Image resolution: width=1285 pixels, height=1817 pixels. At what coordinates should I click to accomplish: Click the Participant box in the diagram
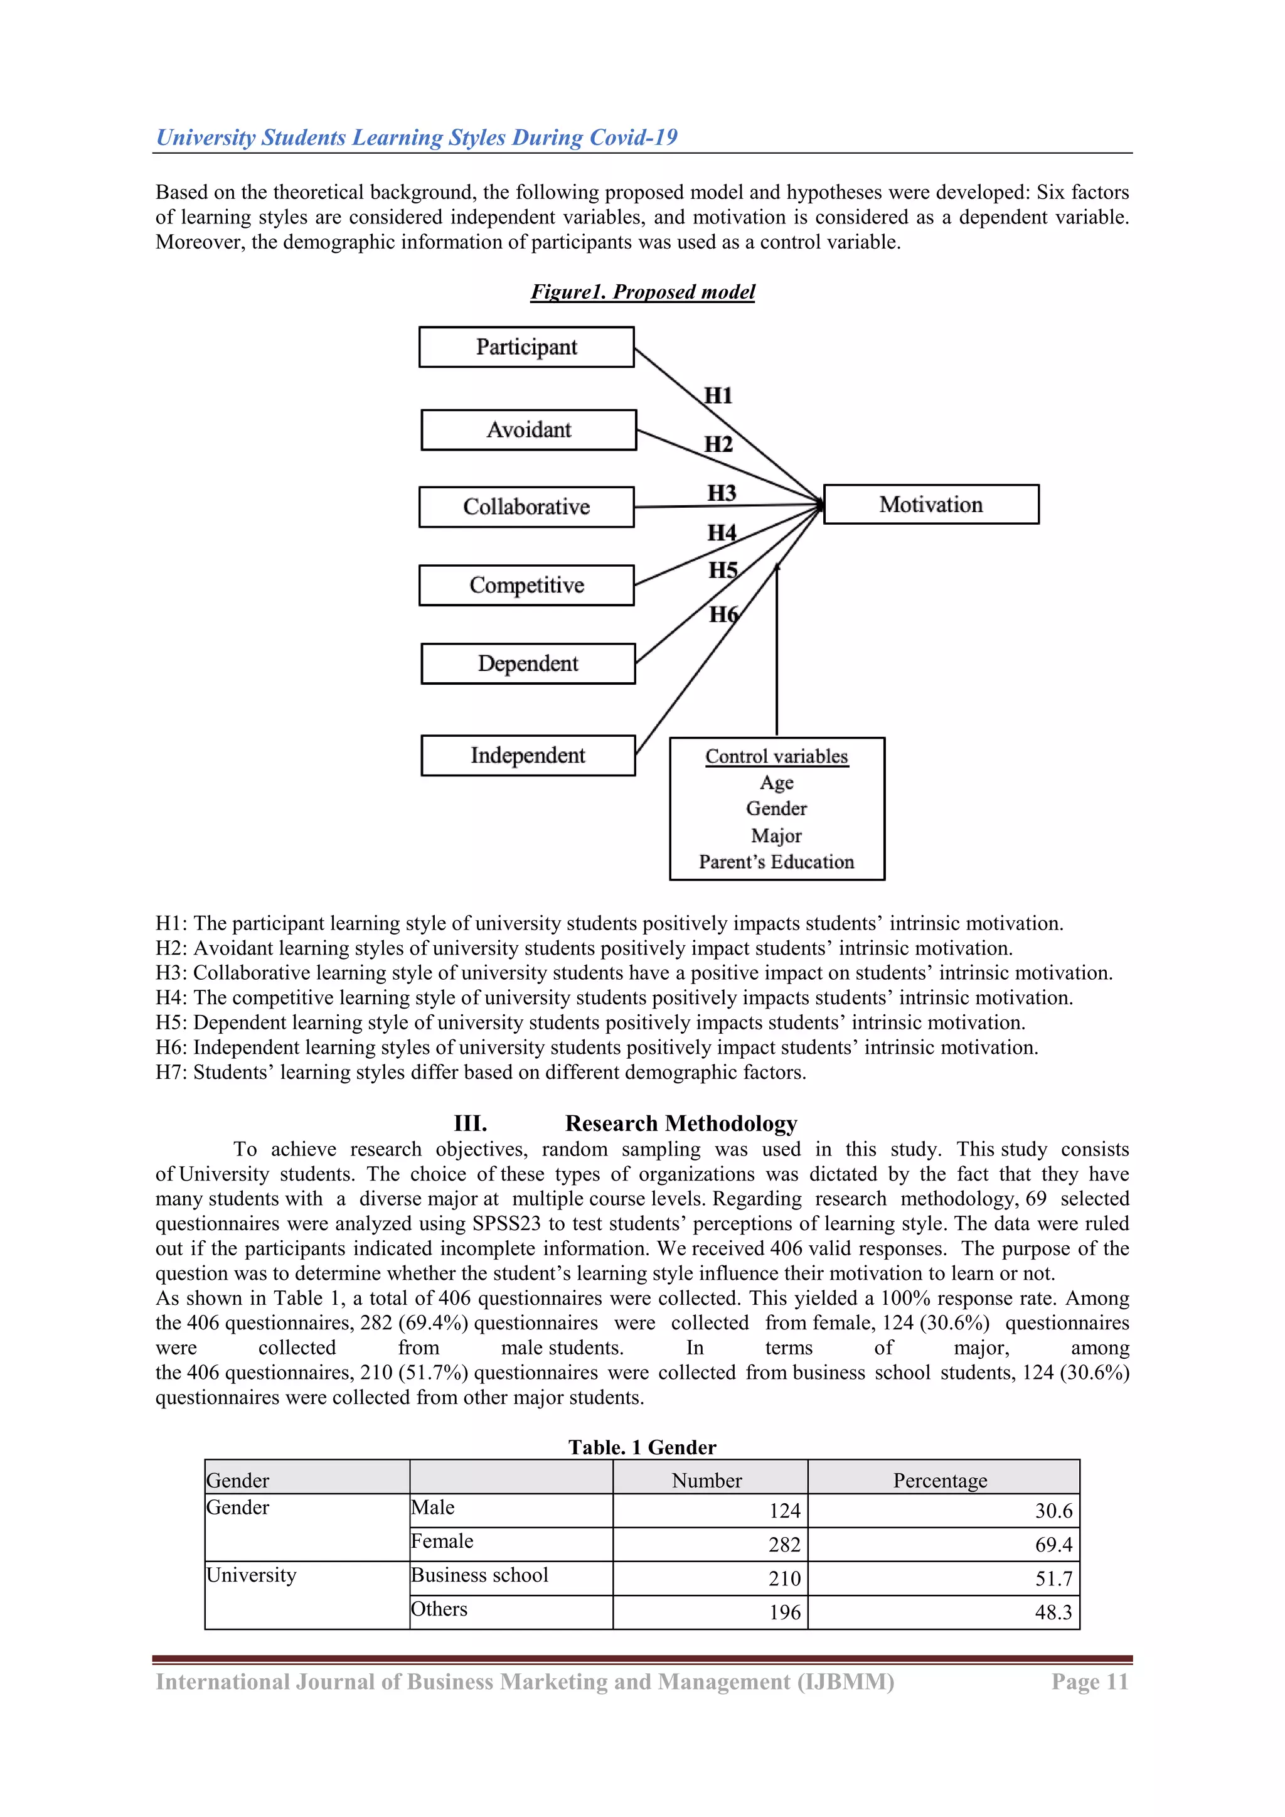pos(526,346)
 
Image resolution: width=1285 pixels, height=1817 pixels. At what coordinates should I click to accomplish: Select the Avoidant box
pos(528,430)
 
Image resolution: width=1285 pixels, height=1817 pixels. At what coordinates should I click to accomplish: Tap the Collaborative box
pos(526,507)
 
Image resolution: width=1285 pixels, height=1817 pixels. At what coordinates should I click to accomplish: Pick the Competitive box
pos(526,585)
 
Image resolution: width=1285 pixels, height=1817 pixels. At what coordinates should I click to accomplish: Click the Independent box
pos(528,755)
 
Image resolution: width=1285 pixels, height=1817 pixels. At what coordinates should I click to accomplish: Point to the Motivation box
pos(930,504)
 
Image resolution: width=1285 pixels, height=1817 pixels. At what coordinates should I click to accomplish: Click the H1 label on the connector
pos(718,395)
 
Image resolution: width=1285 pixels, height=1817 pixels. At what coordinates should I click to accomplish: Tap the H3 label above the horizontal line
pos(722,493)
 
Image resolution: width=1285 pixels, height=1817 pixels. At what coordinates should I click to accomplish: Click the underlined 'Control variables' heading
pos(776,756)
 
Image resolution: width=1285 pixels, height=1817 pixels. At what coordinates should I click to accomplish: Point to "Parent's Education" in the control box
pos(776,862)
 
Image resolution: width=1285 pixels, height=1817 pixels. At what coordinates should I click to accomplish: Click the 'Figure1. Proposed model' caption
pos(642,291)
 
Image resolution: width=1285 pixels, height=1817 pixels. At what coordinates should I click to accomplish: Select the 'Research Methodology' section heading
pos(681,1123)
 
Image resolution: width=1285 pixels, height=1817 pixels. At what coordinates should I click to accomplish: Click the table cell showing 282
pos(784,1544)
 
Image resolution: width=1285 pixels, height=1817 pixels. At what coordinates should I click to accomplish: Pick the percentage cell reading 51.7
pos(1053,1578)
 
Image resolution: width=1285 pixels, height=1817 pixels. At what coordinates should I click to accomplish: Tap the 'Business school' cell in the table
pos(479,1575)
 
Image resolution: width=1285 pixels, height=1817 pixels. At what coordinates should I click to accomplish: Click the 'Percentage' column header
pos(940,1480)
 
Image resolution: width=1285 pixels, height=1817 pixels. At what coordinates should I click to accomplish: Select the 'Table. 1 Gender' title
pos(642,1447)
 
